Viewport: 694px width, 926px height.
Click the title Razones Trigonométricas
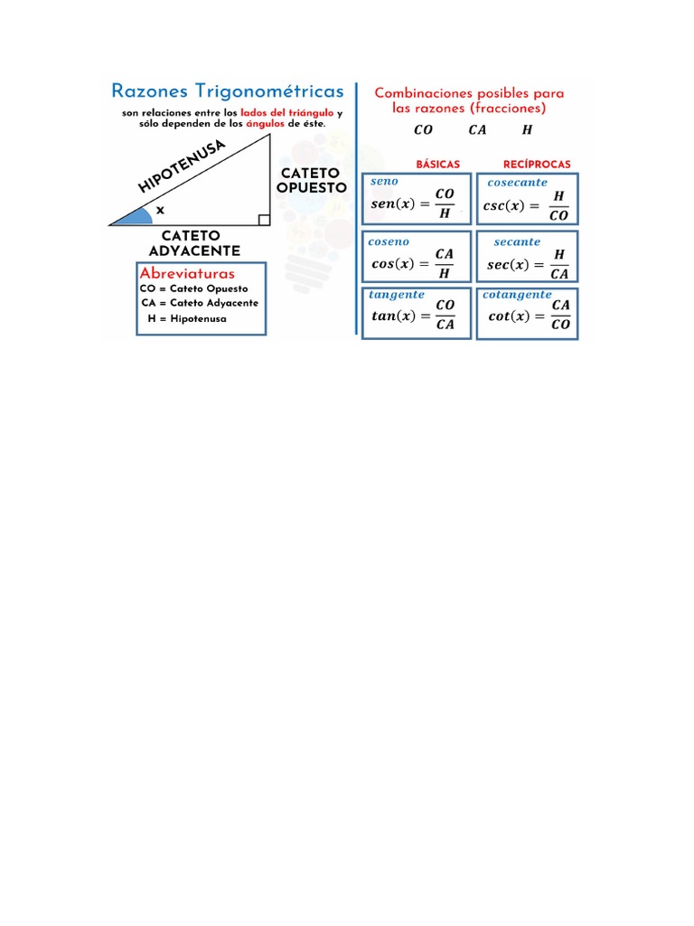click(x=227, y=91)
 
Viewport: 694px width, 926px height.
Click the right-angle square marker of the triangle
click(x=263, y=219)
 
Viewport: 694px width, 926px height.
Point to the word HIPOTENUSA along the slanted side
click(x=181, y=166)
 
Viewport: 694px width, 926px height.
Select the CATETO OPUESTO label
click(x=312, y=180)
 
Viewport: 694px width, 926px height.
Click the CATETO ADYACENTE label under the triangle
click(x=193, y=243)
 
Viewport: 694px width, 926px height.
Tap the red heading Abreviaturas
click(x=187, y=273)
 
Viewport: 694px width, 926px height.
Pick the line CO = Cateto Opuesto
click(x=194, y=288)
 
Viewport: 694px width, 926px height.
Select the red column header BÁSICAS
click(x=437, y=165)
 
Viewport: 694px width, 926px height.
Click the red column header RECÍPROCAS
click(x=537, y=165)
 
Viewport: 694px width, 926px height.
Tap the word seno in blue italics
click(x=384, y=182)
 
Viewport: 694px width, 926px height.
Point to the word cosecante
click(x=517, y=183)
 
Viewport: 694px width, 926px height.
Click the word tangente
click(x=397, y=295)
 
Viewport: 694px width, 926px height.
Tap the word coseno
click(x=389, y=241)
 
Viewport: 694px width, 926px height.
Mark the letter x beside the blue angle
click(x=161, y=209)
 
